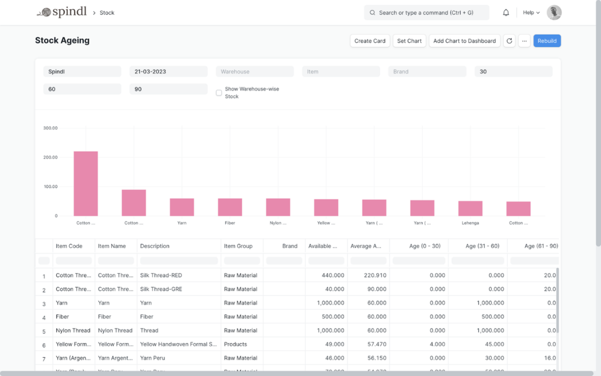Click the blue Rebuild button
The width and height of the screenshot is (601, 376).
click(x=547, y=41)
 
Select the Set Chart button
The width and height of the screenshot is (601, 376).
click(x=409, y=41)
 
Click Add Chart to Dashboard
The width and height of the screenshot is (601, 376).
click(x=464, y=41)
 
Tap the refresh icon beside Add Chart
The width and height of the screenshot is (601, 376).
click(x=509, y=41)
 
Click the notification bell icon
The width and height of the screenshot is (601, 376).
click(x=506, y=12)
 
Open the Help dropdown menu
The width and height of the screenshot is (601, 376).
click(x=531, y=12)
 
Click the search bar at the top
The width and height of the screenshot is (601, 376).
click(x=427, y=12)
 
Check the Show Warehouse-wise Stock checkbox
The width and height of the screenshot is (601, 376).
click(x=219, y=93)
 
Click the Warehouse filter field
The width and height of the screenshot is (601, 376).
click(x=255, y=72)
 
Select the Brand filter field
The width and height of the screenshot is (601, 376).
click(x=427, y=72)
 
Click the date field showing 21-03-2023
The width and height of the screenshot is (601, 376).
click(x=168, y=72)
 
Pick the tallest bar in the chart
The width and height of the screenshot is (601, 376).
click(x=86, y=183)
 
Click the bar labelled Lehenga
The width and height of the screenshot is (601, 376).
click(x=470, y=209)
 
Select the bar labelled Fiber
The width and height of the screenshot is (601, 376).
click(x=230, y=207)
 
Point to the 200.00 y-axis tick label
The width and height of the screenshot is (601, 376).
click(x=50, y=157)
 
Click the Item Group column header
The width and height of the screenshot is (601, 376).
click(x=238, y=246)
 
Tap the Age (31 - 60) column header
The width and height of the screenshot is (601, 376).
click(x=478, y=246)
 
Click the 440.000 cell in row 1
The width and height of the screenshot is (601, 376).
click(x=326, y=275)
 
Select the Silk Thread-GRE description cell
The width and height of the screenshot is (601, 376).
click(x=179, y=289)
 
